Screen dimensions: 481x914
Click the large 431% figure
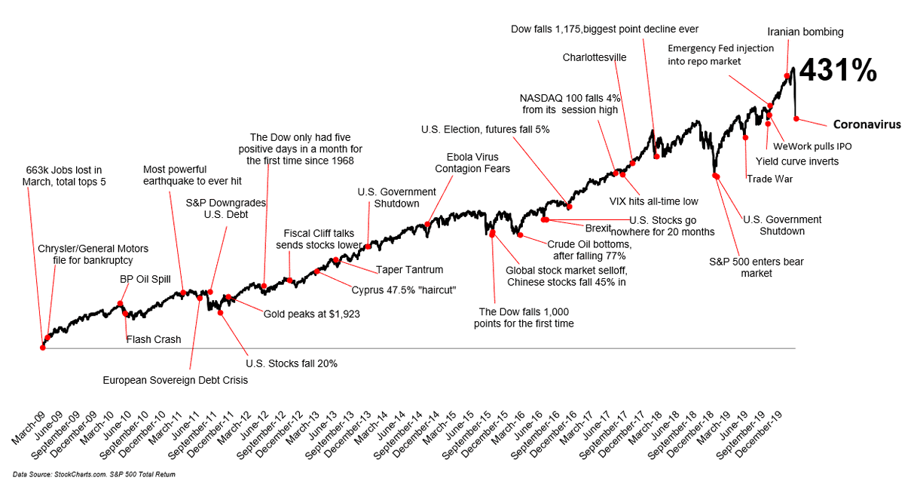[x=837, y=72]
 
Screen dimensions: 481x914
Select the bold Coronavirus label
[x=867, y=124]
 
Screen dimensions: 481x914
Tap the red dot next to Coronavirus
[x=796, y=118]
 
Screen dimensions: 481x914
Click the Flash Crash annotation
[x=153, y=339]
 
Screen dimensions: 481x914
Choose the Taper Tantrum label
[x=409, y=269]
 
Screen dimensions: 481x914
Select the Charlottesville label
[x=595, y=57]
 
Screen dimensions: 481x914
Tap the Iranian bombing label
[x=805, y=32]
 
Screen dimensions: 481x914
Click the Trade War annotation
[x=769, y=179]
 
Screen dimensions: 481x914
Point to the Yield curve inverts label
[x=802, y=161]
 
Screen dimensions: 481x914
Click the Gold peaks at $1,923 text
[x=311, y=314]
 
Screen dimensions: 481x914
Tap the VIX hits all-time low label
[x=653, y=201]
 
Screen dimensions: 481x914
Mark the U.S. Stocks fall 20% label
[x=292, y=363]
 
